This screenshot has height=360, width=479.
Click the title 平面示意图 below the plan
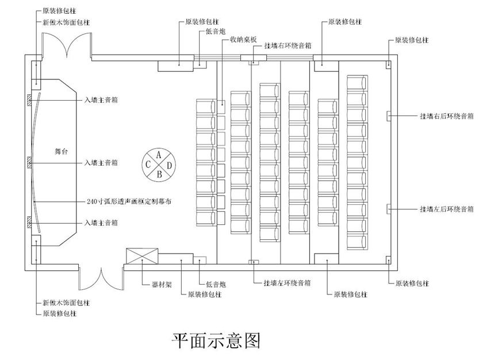coord(216,340)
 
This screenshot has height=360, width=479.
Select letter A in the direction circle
coord(159,154)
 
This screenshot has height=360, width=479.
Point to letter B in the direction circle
coord(159,173)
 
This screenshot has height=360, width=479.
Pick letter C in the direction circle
coord(149,164)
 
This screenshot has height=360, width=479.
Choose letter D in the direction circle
coord(168,164)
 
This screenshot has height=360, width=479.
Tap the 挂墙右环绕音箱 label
coord(288,45)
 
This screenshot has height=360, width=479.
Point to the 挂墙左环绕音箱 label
coord(288,283)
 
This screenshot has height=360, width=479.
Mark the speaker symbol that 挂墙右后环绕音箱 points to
coord(389,116)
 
